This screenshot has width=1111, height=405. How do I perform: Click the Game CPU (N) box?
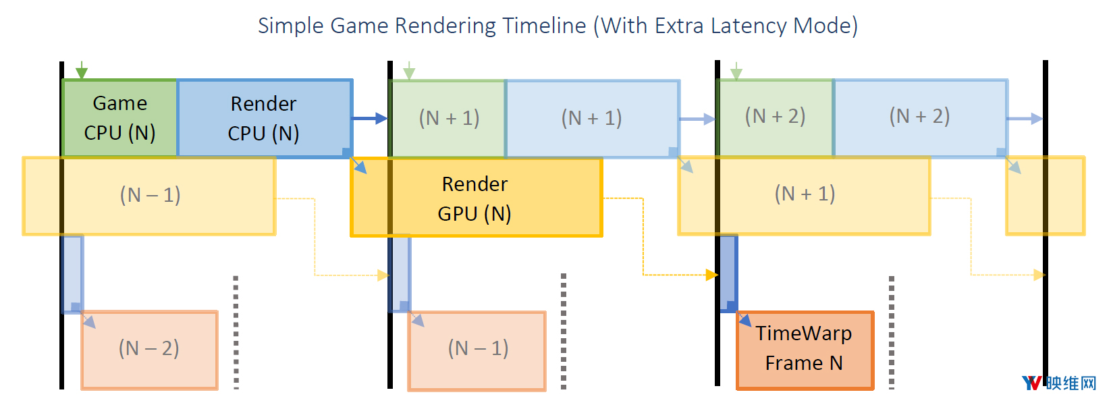(x=119, y=118)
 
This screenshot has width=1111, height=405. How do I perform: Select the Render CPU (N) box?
(x=265, y=119)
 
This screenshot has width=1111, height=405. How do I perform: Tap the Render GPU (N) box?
(x=476, y=197)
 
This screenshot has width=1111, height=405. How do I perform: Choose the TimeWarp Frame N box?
(x=805, y=350)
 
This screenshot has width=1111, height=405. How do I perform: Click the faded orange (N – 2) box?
(x=149, y=350)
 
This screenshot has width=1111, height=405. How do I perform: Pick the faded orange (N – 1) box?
(x=477, y=351)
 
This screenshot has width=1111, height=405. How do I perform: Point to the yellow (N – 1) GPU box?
(x=148, y=196)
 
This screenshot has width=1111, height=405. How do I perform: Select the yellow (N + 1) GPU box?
(x=804, y=196)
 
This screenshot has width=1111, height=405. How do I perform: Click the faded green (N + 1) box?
(x=448, y=119)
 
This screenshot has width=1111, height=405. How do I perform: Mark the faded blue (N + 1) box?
(x=592, y=119)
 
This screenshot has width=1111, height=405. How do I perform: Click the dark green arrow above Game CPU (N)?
(x=82, y=70)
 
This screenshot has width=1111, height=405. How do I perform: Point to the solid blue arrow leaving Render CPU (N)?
(x=369, y=119)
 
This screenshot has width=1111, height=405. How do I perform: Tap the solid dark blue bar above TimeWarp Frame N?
(x=728, y=273)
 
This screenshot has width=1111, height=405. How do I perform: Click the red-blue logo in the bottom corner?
(x=1031, y=383)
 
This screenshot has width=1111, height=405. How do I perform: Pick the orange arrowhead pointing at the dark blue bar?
(x=712, y=275)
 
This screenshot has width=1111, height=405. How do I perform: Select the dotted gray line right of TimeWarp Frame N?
(x=891, y=332)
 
